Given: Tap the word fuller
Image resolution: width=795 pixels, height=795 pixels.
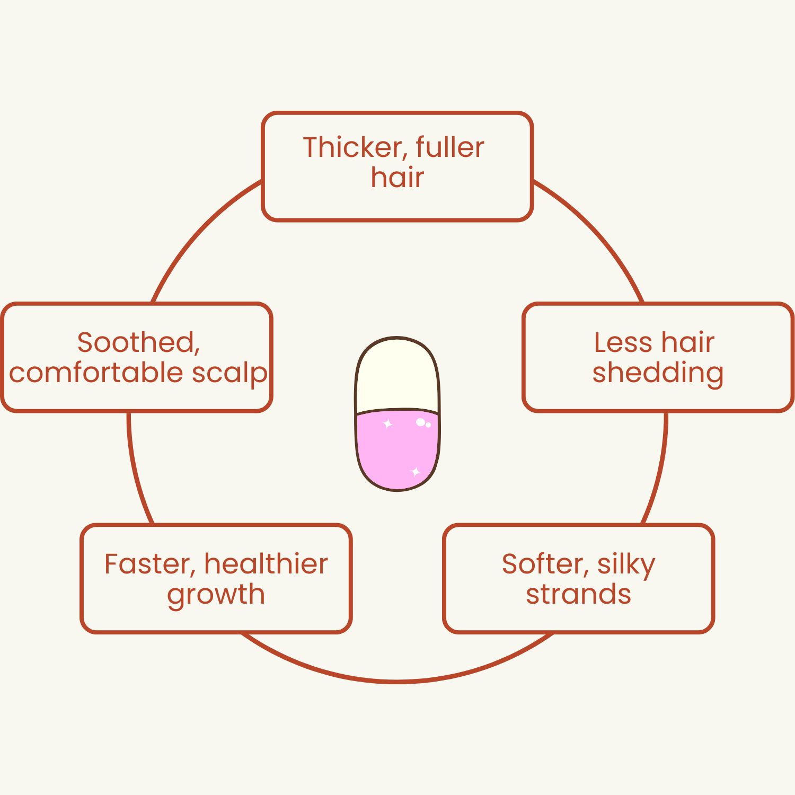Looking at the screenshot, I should (450, 147).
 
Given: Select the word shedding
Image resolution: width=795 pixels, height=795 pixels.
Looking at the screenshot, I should (658, 373).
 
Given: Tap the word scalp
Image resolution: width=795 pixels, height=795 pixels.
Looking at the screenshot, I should (229, 374).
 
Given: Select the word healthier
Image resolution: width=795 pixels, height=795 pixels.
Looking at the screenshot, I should (266, 564).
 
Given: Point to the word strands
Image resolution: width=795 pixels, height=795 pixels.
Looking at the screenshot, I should (578, 594).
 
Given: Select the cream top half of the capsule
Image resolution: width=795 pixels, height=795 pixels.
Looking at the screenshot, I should (397, 376).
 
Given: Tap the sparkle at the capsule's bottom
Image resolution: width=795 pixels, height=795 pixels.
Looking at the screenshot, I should (416, 471).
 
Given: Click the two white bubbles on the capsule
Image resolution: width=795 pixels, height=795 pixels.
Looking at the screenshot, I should (423, 423).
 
